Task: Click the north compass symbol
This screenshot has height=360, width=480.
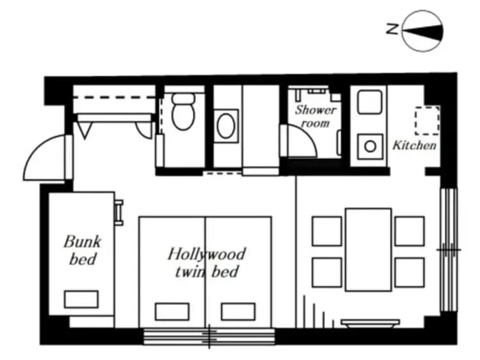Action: click(422, 29)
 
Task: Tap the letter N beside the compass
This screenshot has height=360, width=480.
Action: click(392, 28)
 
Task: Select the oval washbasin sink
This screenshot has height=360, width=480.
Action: click(227, 126)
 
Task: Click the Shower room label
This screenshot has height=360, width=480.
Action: click(315, 115)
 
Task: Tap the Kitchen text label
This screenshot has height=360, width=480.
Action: click(414, 145)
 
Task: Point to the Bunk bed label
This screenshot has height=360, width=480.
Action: click(81, 250)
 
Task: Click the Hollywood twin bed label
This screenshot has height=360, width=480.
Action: click(206, 262)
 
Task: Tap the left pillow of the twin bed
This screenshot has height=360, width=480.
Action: click(172, 311)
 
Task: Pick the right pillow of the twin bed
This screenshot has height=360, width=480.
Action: click(238, 311)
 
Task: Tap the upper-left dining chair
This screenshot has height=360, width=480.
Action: click(327, 231)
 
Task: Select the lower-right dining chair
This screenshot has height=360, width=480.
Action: click(409, 272)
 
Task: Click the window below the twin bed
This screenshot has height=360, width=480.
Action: click(209, 336)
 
